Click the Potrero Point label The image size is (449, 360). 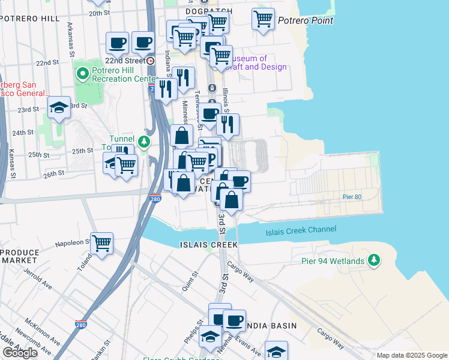(x=306, y=20)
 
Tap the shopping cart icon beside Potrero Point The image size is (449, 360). (x=263, y=19)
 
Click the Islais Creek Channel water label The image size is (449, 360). (x=301, y=230)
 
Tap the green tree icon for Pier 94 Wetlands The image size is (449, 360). (x=375, y=260)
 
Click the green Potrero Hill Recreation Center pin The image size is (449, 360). (x=83, y=74)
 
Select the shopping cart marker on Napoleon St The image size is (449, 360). (x=101, y=244)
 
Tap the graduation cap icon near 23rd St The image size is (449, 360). (x=58, y=107)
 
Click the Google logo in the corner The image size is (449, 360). (x=19, y=353)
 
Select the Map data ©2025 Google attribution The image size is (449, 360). (x=412, y=355)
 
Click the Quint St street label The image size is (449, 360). (x=191, y=282)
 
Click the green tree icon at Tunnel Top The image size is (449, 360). (x=143, y=142)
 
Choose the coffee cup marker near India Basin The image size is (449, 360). (x=234, y=320)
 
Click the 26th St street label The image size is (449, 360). (x=53, y=174)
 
